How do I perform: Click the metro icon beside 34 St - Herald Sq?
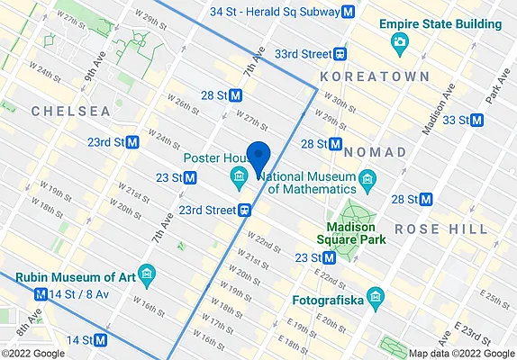coord(348,12)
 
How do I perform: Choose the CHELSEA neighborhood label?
coord(70,111)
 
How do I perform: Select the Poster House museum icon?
coord(239,175)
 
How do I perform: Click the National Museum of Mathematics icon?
coord(367,183)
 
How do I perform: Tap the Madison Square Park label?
coord(351,233)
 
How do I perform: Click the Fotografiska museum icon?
coord(376,296)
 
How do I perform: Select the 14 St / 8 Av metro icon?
coord(41,294)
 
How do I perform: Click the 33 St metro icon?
coord(477,120)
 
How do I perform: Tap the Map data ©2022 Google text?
coord(460,353)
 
